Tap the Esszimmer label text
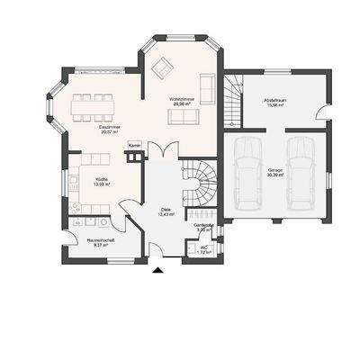point(110,127)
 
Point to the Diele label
point(165,210)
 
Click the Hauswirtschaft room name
point(100,240)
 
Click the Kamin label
point(134,144)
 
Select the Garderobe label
point(203,225)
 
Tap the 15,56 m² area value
point(274,106)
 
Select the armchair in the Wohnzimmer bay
point(163,66)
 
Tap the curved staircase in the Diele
point(198,180)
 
